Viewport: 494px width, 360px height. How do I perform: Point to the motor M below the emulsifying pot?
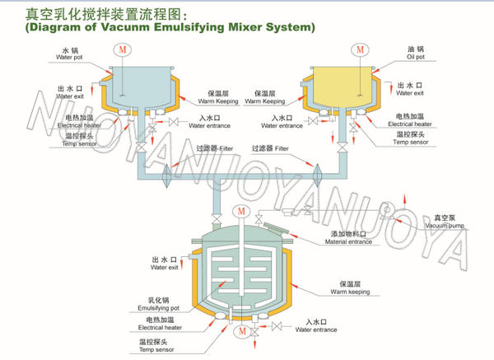[x=241, y=332]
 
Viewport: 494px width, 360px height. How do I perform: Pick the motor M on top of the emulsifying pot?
[x=240, y=211]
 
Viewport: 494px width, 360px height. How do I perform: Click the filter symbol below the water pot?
[x=168, y=174]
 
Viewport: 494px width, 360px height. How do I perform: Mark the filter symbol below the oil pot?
[x=316, y=174]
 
